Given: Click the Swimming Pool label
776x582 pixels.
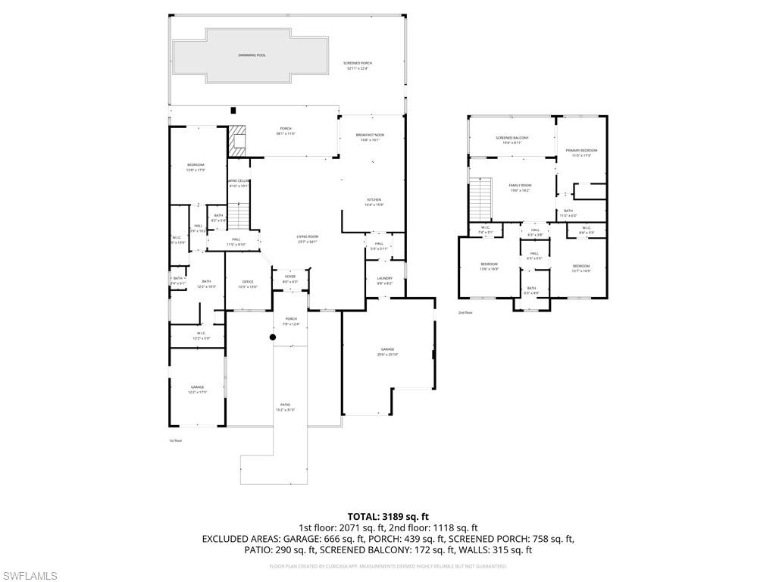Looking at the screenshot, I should click(252, 55).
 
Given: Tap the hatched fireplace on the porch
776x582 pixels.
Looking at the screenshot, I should click(239, 142).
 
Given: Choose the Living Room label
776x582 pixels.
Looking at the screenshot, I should click(307, 237).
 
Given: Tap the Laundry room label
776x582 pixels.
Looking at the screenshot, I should click(384, 279).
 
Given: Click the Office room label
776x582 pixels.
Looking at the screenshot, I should click(248, 282).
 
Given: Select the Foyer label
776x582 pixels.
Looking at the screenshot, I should click(290, 277).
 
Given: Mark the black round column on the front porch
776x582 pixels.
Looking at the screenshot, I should click(273, 337).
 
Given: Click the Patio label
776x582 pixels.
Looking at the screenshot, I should click(285, 405).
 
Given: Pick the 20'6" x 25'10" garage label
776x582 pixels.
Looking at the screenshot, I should click(387, 350).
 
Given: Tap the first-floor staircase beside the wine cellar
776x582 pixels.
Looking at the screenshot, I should click(239, 217).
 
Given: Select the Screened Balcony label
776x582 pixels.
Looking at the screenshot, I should click(512, 138).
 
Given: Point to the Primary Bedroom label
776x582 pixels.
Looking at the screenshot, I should click(581, 151).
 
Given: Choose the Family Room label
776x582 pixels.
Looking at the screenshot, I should click(519, 186).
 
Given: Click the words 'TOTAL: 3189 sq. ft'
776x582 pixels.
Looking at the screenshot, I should click(388, 517).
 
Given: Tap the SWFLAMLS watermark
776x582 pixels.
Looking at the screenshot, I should click(30, 577).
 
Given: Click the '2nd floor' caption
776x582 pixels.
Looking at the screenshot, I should click(465, 312).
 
